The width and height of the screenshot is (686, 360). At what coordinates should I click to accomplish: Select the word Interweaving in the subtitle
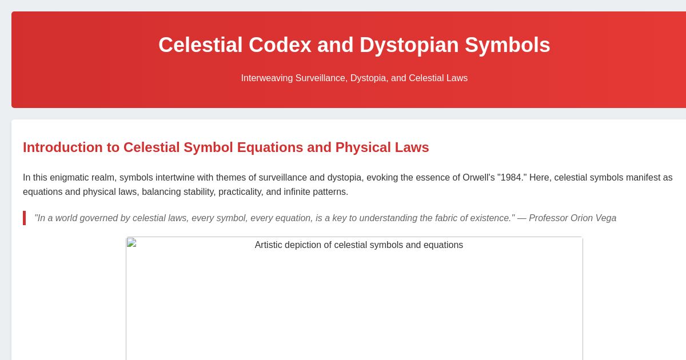tap(266, 78)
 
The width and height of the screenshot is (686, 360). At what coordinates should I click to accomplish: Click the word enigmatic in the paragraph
tap(74, 177)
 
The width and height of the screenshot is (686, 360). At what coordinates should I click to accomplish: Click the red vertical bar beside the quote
tap(24, 218)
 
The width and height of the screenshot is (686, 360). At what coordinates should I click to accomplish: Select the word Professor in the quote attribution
tap(548, 218)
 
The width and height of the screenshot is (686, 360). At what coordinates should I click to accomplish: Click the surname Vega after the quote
tap(605, 218)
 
